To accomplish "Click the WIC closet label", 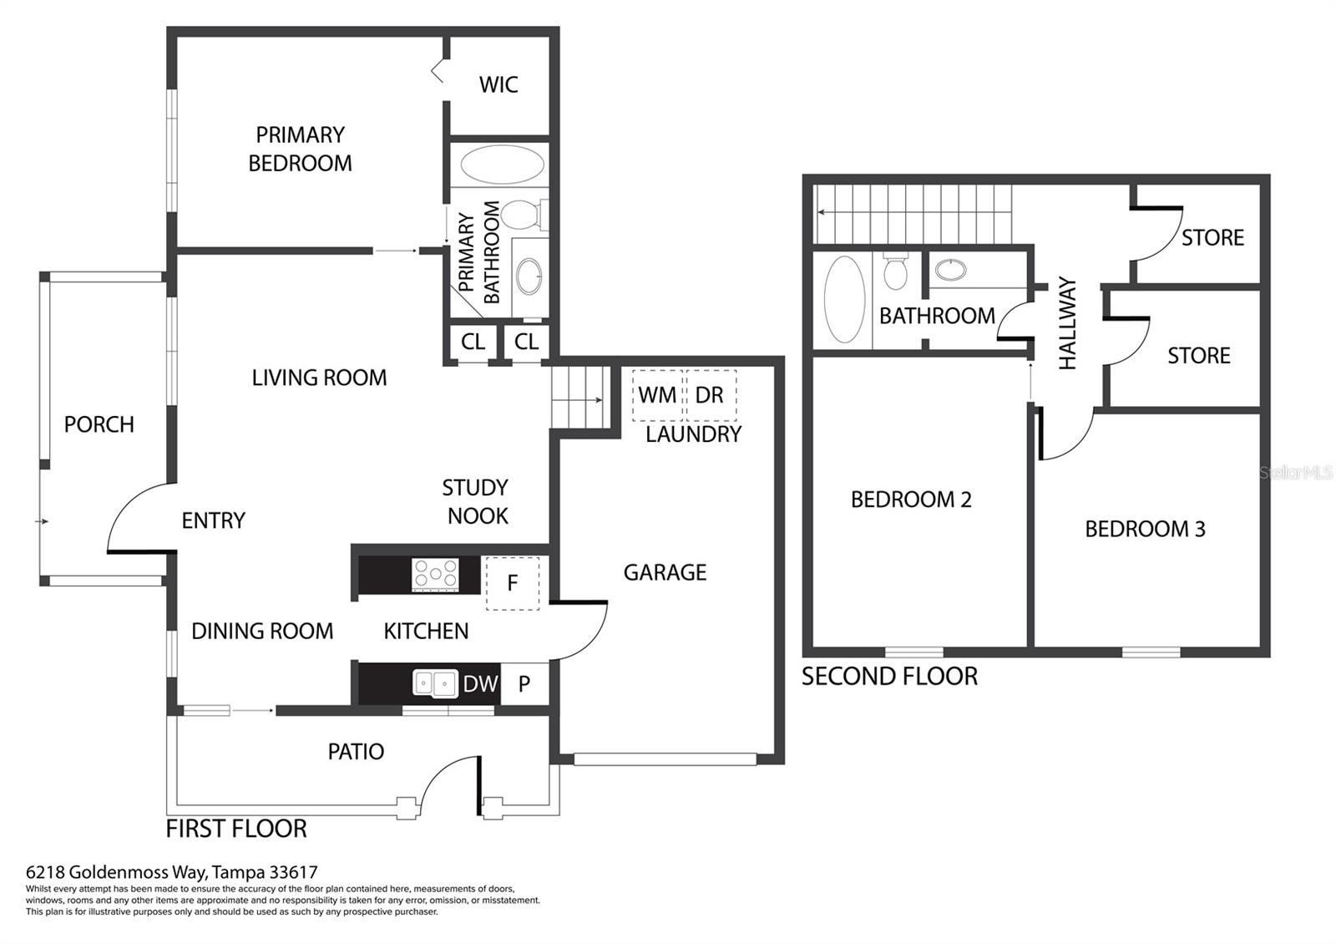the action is tap(498, 84).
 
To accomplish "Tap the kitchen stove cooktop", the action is tap(435, 574).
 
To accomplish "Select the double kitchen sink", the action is tap(435, 683).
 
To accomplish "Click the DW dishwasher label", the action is tap(480, 684).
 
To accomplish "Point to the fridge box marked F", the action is tap(513, 583).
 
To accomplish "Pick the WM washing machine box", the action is tap(657, 395).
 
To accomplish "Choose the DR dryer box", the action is tap(711, 395).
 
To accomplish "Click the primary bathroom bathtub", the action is tap(502, 165).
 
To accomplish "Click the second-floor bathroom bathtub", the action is tap(844, 299).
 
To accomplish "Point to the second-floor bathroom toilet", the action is tap(895, 272).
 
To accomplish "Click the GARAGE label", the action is tap(665, 572).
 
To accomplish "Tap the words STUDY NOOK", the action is tap(475, 502).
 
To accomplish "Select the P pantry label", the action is tap(524, 684).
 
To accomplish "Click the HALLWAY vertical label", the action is tap(1068, 322).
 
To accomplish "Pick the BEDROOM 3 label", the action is tap(1145, 530).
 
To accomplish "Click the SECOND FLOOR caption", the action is tap(889, 677).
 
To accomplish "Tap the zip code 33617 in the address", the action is tap(293, 872).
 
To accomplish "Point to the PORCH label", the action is tap(99, 424).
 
